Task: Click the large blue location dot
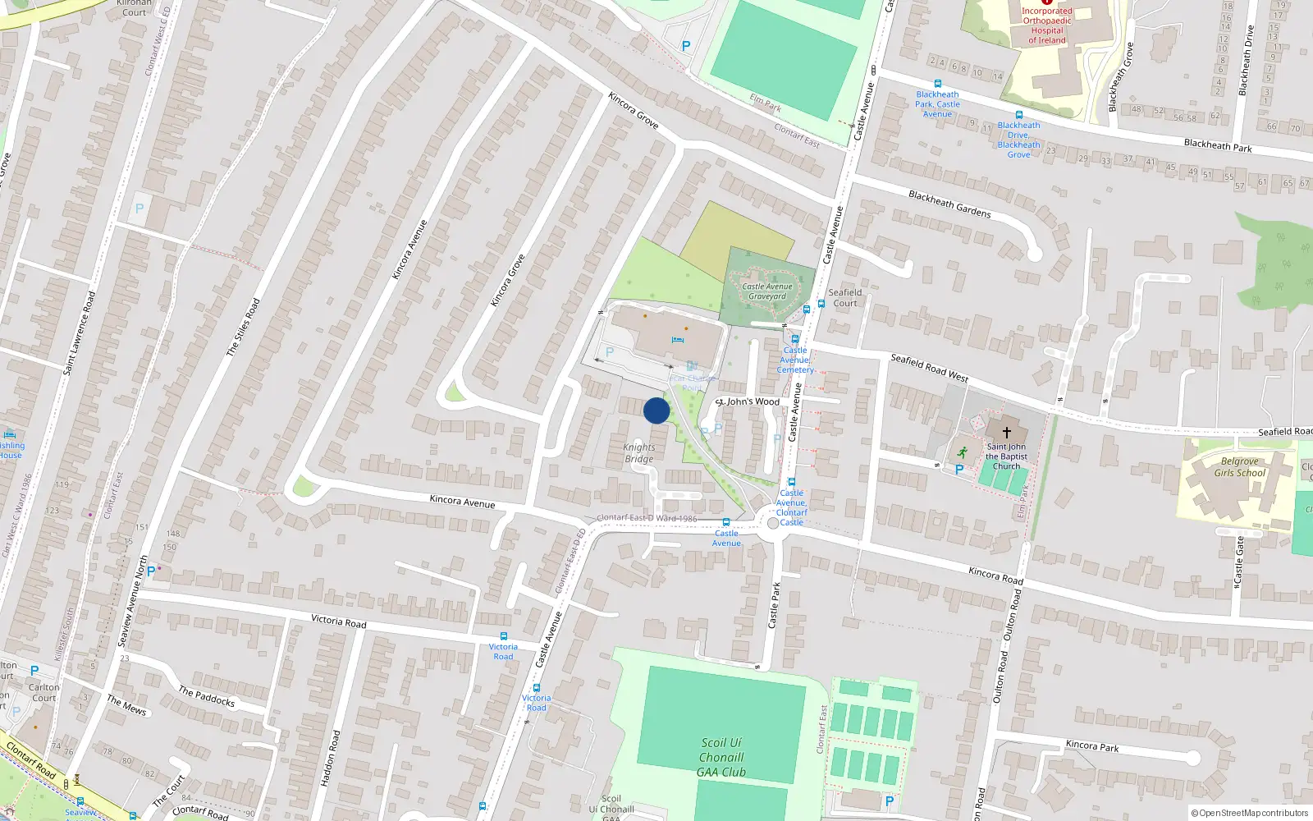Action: click(656, 410)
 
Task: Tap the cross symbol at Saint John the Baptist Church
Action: click(1007, 432)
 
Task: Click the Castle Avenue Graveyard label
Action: click(767, 291)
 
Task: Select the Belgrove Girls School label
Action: click(1240, 467)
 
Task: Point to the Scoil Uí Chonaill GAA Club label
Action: click(721, 757)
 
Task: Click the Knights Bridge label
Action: click(639, 453)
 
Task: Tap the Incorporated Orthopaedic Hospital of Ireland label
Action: click(1047, 25)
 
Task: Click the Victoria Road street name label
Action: click(338, 621)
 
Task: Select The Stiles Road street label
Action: click(243, 327)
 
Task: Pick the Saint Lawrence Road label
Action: click(80, 333)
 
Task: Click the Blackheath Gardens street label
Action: click(949, 204)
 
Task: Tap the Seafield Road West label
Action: click(929, 367)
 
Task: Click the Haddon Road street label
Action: click(330, 759)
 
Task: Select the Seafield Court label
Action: click(845, 297)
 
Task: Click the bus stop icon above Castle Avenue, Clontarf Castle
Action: click(791, 482)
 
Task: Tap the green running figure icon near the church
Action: click(962, 452)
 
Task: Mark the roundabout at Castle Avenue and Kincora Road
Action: click(772, 523)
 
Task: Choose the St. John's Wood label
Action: click(748, 401)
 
